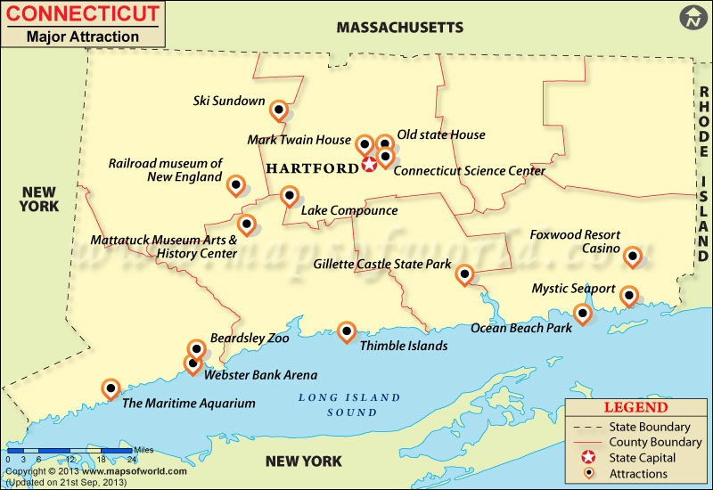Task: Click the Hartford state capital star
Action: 369,165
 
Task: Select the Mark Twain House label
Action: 299,140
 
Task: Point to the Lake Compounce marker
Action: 289,195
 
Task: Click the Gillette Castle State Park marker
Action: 464,274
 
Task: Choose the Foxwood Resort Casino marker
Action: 633,257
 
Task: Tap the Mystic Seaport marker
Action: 629,295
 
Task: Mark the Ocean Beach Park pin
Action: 583,313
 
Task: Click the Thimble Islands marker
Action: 347,331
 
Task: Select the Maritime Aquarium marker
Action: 111,388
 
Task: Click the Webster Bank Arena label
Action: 260,375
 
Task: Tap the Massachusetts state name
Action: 399,28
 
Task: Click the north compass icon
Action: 693,17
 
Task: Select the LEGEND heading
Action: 635,407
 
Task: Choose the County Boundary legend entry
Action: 655,442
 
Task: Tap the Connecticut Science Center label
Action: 456,170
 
